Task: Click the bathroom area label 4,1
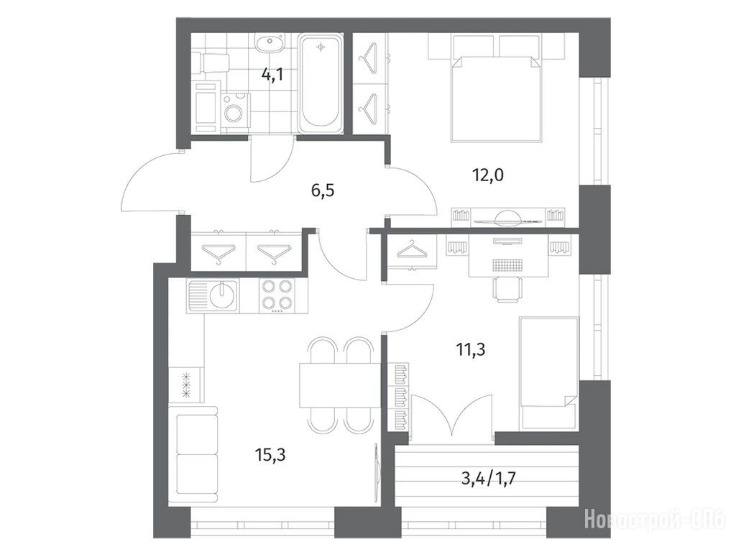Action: [272, 74]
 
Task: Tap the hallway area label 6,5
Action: [323, 191]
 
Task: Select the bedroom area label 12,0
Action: [488, 175]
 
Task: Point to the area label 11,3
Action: [471, 349]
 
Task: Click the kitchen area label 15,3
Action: [270, 454]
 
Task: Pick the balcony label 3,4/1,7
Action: [489, 478]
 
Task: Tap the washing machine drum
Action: [234, 113]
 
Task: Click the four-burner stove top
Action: [277, 295]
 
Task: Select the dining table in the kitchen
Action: [340, 385]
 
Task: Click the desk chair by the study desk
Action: [507, 289]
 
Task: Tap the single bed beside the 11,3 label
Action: [548, 373]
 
